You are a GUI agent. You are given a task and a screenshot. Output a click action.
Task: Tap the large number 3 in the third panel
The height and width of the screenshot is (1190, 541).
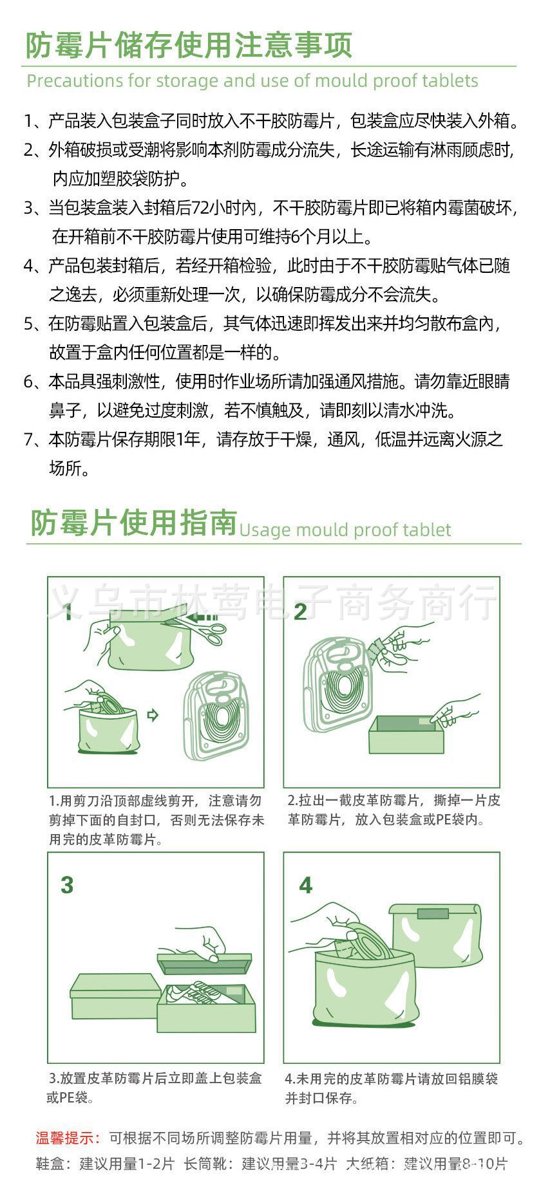tap(67, 885)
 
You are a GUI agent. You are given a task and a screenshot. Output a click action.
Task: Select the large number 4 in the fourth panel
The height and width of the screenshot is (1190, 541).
tap(305, 886)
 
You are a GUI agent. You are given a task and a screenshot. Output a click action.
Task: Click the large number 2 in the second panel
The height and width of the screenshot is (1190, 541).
tap(300, 611)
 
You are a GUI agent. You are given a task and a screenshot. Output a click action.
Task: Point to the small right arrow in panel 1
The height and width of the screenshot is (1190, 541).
tap(153, 714)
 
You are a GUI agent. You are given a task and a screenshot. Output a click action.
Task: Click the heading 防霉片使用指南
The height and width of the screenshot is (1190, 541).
tap(134, 523)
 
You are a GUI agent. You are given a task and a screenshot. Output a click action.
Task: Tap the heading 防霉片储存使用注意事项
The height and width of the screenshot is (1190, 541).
tap(189, 46)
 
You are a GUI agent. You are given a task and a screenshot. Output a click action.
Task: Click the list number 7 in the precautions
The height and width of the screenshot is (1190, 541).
tap(29, 440)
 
